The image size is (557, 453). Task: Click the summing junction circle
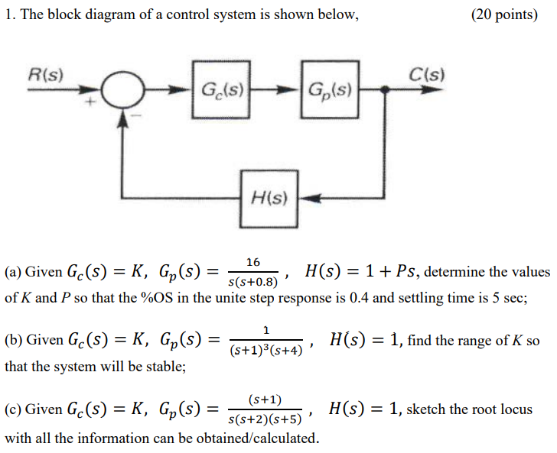click(123, 90)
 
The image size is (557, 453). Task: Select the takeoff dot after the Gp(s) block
click(383, 89)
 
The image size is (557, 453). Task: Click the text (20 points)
click(504, 15)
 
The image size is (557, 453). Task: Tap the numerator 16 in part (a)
click(253, 262)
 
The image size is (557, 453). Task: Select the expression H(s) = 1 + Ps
click(362, 271)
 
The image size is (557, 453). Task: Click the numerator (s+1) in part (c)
click(265, 400)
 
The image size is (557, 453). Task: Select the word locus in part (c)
click(513, 409)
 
